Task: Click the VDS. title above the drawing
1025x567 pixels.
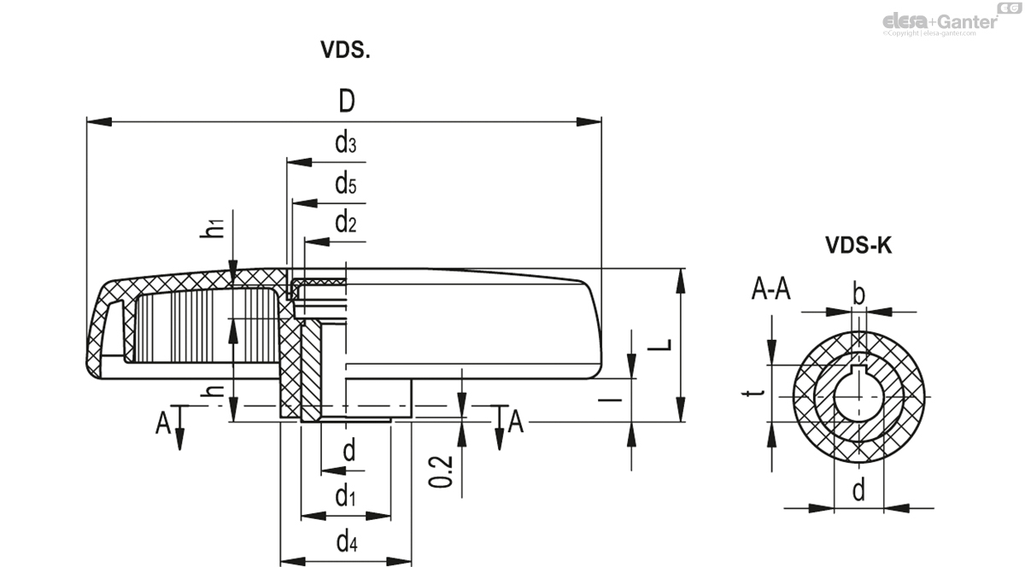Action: tap(345, 50)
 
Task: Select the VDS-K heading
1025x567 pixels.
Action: tap(858, 246)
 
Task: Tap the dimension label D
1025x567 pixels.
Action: tap(346, 102)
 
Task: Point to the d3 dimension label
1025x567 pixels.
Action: tap(345, 143)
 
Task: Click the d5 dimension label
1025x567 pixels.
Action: tap(345, 184)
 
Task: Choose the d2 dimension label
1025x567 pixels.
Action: tap(345, 224)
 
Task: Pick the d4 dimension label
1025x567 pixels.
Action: tap(346, 541)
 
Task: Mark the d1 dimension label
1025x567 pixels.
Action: tap(345, 495)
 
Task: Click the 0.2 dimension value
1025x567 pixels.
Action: tap(439, 471)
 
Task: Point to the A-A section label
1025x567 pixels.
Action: tap(770, 291)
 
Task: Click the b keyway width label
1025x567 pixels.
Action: tap(858, 295)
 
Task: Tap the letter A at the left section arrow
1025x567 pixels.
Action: tap(162, 422)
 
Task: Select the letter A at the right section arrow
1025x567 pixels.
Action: tap(515, 421)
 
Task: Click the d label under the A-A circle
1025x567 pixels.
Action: tap(858, 490)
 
